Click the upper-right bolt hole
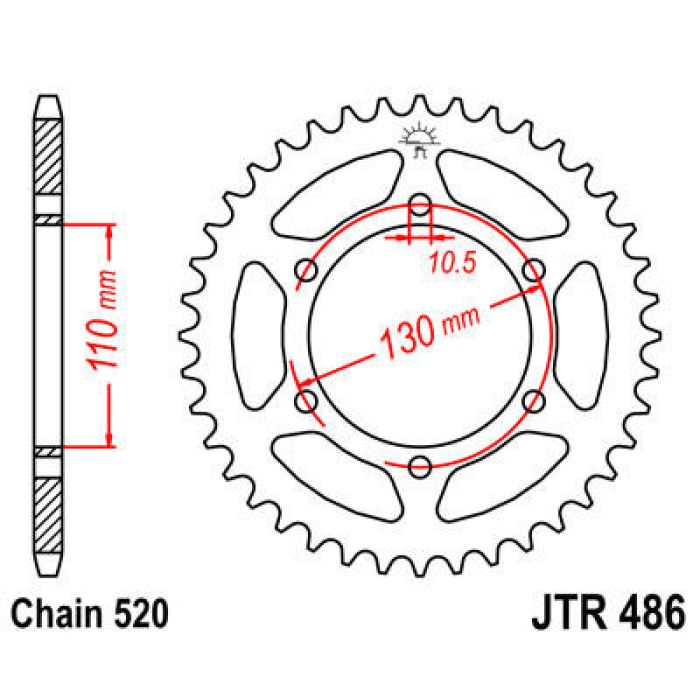pos(534,271)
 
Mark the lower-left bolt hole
pos(307,401)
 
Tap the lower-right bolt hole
pos(534,401)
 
